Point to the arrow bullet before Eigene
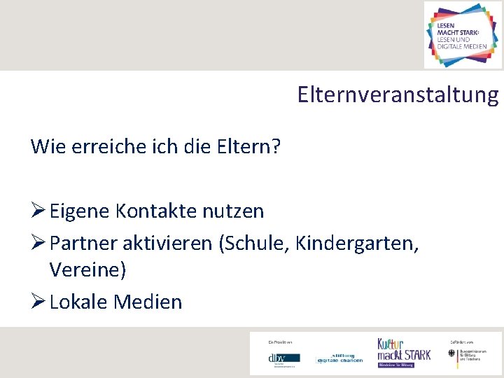pos(38,211)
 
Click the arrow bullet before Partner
pos(38,244)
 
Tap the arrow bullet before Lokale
pos(38,302)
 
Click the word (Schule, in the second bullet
pos(255,244)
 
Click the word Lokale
pos(78,302)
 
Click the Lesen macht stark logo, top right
pos(463,34)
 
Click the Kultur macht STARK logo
pos(404,351)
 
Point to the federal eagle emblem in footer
pos(451,354)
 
